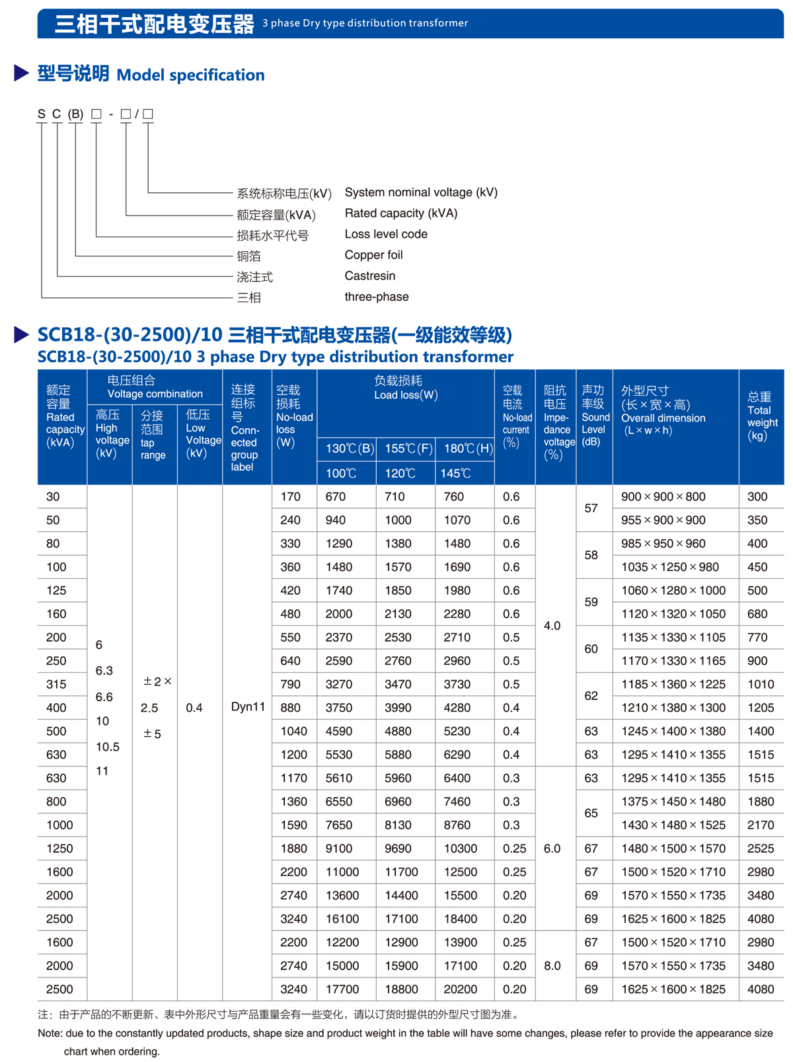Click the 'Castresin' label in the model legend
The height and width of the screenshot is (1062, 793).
(369, 276)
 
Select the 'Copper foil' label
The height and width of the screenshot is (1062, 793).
(373, 255)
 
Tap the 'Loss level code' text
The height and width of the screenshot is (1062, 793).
(386, 235)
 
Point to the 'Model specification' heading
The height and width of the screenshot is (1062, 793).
(190, 75)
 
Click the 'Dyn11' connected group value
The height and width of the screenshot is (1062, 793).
(248, 707)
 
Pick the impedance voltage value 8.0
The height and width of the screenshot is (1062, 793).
(552, 966)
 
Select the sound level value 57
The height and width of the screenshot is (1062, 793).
(591, 508)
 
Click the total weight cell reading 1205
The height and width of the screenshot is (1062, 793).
(761, 708)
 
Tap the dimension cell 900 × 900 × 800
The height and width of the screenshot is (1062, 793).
(663, 497)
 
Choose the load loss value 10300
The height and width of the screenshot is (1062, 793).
(461, 849)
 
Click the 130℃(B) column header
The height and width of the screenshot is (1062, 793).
(350, 449)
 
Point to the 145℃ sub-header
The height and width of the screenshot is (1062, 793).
(455, 474)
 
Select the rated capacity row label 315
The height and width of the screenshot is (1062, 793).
(56, 685)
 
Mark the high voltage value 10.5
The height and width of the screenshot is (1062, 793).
(108, 747)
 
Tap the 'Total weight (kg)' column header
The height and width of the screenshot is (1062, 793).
(762, 416)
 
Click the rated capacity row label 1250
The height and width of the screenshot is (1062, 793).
(59, 849)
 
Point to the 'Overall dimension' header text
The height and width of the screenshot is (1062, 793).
(663, 418)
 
